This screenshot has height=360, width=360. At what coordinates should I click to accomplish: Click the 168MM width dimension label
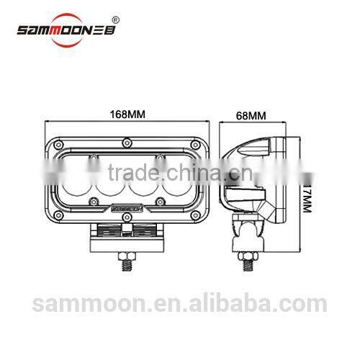click(125, 114)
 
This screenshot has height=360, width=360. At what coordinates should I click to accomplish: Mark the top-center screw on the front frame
click(125, 138)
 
